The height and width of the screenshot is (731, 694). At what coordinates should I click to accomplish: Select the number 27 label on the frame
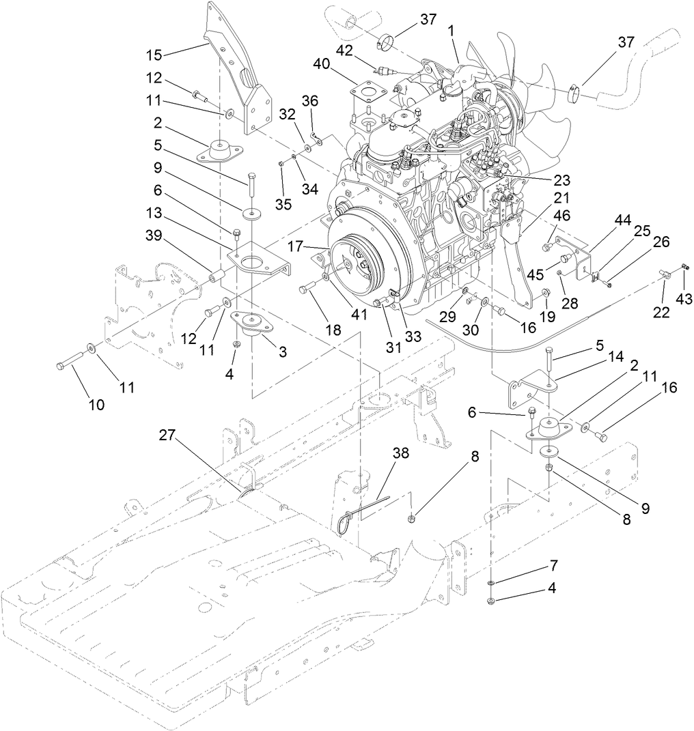coord(169,435)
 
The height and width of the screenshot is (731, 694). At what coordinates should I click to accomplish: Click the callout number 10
coord(96,405)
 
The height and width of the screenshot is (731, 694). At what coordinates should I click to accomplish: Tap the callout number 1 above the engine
coord(451,32)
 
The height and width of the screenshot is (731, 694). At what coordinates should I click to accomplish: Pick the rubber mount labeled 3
coord(251,323)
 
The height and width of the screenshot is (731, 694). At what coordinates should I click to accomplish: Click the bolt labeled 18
coord(306,289)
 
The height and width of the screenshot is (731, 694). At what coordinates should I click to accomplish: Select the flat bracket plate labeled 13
coord(256,259)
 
